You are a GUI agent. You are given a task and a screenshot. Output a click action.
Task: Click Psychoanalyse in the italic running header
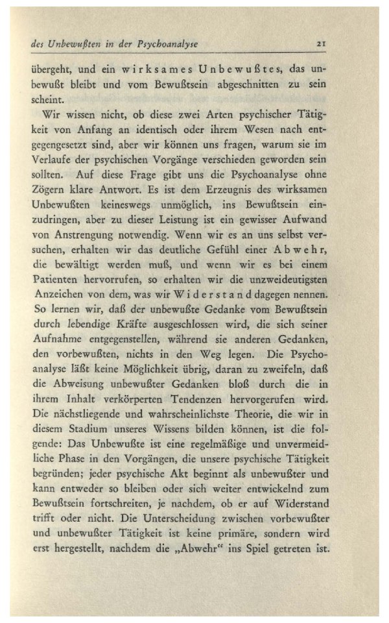pos(165,44)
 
